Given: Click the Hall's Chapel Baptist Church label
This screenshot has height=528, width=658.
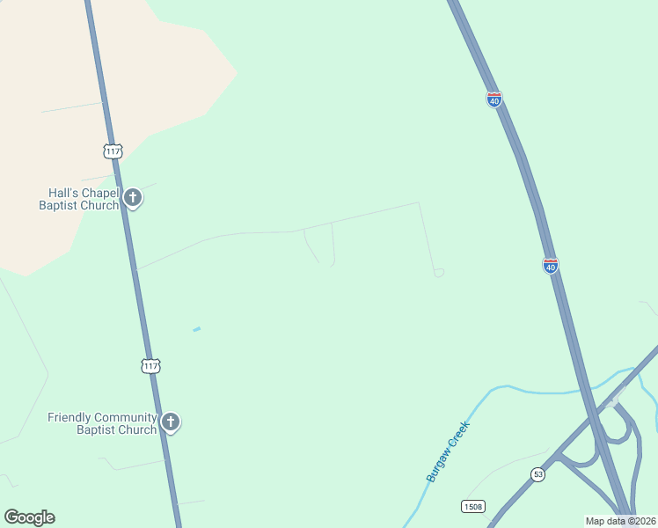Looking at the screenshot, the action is [x=78, y=199].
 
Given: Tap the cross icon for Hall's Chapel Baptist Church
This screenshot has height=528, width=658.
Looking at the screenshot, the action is [x=132, y=197].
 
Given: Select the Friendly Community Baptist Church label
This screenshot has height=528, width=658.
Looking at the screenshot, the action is [x=102, y=423].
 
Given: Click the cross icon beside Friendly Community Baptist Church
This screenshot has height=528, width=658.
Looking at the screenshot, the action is [x=171, y=422].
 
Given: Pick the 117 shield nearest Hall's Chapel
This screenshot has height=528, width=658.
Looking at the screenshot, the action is [x=113, y=151].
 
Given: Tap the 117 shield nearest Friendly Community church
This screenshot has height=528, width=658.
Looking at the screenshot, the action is [x=151, y=365].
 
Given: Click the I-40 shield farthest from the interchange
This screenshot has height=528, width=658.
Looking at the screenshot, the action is [x=494, y=100].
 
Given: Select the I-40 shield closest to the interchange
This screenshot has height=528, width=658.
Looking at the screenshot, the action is [x=551, y=265].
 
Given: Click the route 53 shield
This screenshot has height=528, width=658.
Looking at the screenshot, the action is [x=537, y=474].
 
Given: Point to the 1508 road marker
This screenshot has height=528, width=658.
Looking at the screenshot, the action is [x=472, y=506].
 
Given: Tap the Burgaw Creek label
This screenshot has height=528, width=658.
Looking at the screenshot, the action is [x=449, y=451].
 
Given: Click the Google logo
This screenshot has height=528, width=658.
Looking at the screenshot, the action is [x=29, y=517].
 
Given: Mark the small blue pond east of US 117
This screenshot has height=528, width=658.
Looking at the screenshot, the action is [x=197, y=329].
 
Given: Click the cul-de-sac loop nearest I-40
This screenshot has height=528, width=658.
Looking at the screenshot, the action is [x=439, y=273].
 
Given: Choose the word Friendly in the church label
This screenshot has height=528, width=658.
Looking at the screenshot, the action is [x=71, y=417].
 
